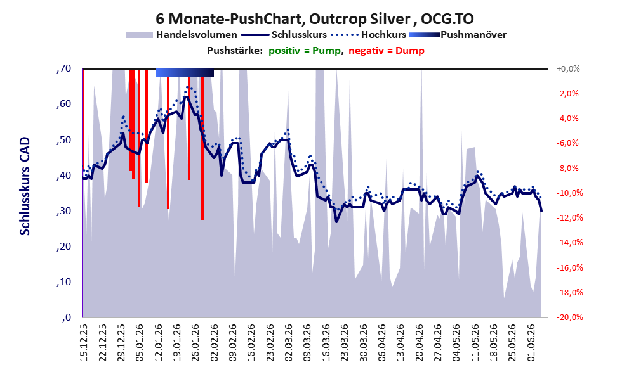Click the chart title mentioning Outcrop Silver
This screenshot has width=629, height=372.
(x=315, y=18)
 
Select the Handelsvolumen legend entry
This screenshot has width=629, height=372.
(x=182, y=35)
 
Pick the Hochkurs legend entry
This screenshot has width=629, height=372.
(x=369, y=35)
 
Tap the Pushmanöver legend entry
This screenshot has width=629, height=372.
(x=458, y=35)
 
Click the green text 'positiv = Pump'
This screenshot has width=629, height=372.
(x=305, y=51)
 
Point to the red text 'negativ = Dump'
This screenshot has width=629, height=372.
(x=387, y=51)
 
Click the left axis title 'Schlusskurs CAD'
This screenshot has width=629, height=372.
(x=25, y=186)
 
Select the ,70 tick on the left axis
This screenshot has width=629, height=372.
(x=63, y=68)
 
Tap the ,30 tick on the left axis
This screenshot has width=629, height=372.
(x=63, y=211)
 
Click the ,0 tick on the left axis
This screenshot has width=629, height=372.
(x=67, y=317)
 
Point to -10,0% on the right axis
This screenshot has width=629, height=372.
(x=569, y=193)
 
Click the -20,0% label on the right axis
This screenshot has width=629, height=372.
(x=569, y=317)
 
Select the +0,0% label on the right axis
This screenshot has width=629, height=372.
(x=568, y=69)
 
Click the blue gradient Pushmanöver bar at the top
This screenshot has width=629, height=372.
(x=185, y=72)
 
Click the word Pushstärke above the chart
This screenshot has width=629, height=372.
(x=235, y=51)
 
